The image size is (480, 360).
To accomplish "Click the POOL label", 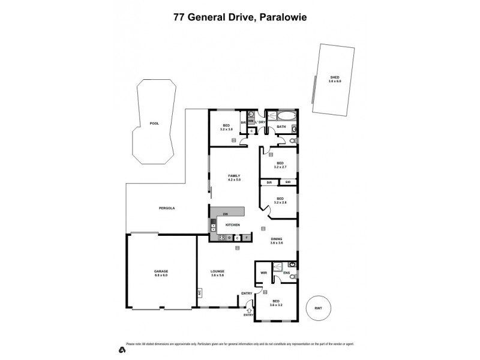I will pyautogui.click(x=154, y=124).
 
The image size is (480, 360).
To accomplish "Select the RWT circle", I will pyautogui.click(x=318, y=309).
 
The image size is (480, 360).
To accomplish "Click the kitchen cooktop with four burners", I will pyautogui.click(x=221, y=238).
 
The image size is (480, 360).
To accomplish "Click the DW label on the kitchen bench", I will pyautogui.click(x=225, y=214).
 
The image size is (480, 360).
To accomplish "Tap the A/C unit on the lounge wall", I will pyautogui.click(x=199, y=292).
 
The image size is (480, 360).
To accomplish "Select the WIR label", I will pyautogui.click(x=263, y=274).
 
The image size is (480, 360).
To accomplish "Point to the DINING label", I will pyautogui.click(x=276, y=239).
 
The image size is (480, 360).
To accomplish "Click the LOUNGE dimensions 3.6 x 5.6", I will pyautogui.click(x=217, y=275).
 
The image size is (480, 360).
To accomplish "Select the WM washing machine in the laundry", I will pyautogui.click(x=251, y=120).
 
